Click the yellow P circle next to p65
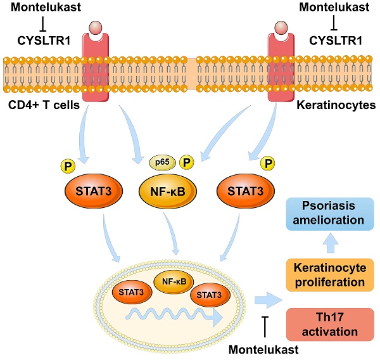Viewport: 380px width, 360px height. tap(187, 164)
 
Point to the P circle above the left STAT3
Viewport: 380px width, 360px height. tap(68, 166)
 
